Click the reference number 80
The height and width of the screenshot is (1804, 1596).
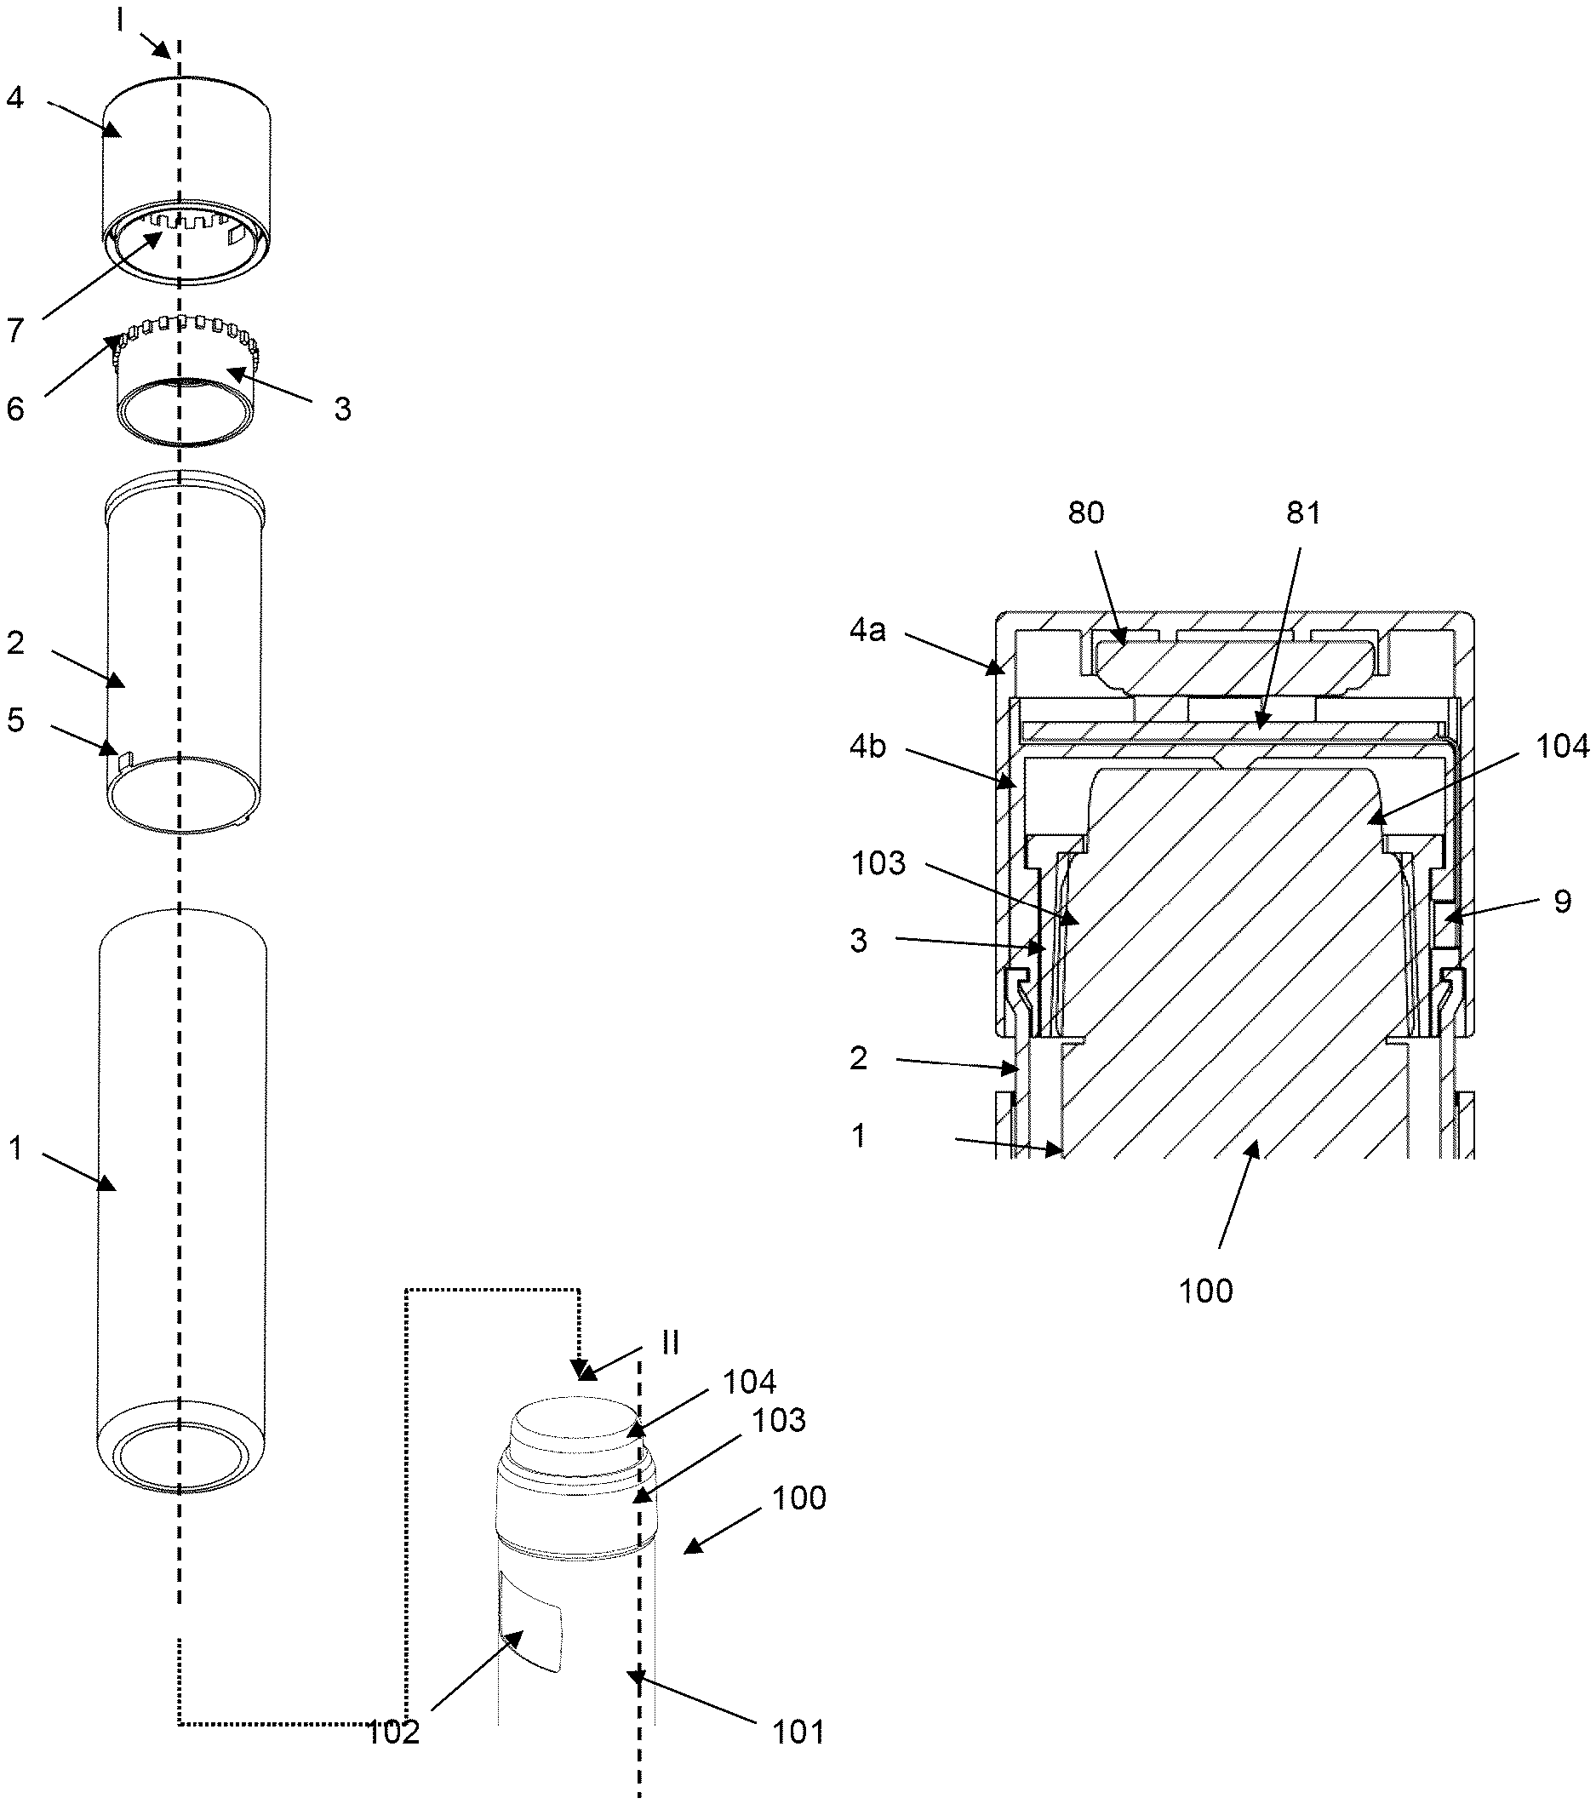pos(1085,513)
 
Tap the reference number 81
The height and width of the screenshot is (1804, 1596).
pos(1303,513)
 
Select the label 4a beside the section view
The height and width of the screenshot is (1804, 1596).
pos(867,631)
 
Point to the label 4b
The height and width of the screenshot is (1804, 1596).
pos(867,747)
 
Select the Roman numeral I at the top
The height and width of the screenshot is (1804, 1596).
pos(121,20)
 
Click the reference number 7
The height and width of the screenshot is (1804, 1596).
pos(15,331)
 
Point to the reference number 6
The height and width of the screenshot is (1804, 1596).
pos(15,409)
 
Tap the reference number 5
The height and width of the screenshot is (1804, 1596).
pos(15,720)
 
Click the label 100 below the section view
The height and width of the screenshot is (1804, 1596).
pos(1205,1291)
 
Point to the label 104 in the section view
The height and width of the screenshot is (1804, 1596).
pos(1563,747)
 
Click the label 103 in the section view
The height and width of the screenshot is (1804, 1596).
pos(878,863)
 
